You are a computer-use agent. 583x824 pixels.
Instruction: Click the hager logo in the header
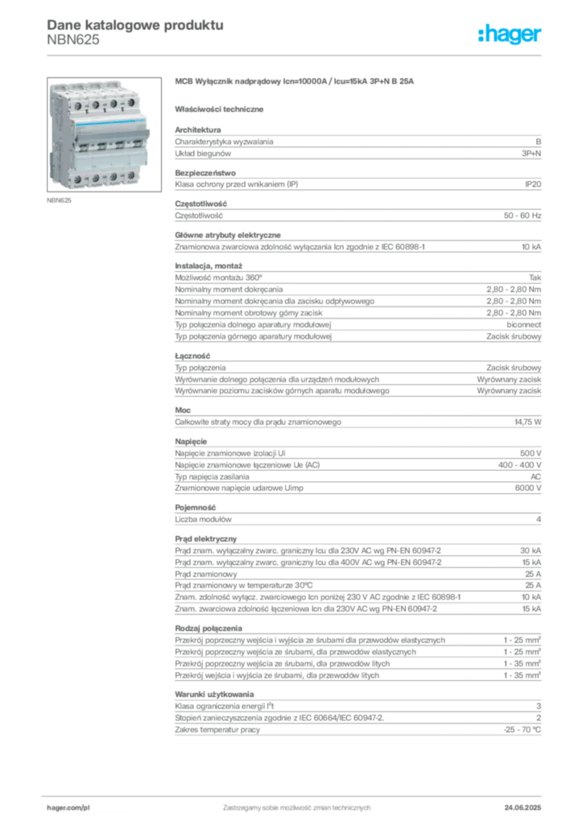(509, 34)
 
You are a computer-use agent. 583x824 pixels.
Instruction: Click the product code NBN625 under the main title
(73, 40)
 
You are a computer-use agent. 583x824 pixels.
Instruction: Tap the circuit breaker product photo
(104, 134)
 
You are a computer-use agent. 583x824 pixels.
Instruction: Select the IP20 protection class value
(532, 184)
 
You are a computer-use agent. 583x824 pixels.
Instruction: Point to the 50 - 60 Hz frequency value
(522, 216)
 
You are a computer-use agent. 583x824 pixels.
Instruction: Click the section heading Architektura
(197, 130)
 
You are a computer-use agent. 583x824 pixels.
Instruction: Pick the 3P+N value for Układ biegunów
(531, 154)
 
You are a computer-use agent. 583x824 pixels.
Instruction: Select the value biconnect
(523, 325)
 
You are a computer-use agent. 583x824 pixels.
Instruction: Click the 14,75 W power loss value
(527, 422)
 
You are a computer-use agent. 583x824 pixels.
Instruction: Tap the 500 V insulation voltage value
(531, 453)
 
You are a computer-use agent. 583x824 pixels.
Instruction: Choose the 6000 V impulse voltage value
(527, 488)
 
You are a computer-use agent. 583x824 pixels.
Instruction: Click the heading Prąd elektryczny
(205, 538)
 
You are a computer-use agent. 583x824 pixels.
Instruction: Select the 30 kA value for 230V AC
(531, 550)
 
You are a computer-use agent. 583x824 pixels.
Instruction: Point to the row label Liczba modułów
(203, 519)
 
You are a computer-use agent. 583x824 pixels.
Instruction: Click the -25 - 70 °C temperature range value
(522, 730)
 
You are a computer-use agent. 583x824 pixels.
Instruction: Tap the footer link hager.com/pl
(68, 808)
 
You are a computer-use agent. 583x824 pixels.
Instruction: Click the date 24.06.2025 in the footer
(523, 808)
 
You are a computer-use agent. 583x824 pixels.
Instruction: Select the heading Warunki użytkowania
(214, 694)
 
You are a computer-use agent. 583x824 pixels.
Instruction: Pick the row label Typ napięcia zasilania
(212, 476)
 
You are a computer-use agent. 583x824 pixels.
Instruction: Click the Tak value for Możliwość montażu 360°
(535, 278)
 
